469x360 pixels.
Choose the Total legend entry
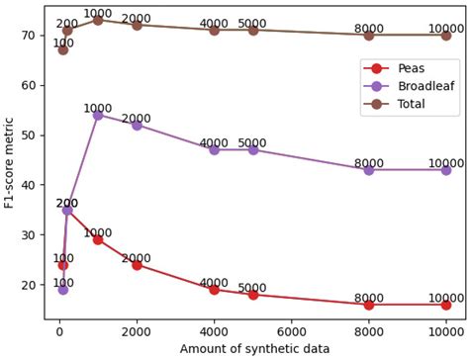pyautogui.click(x=411, y=103)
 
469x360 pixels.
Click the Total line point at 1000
pyautogui.click(x=98, y=20)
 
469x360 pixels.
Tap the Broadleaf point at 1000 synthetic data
pyautogui.click(x=98, y=115)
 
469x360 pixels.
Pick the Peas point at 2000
pyautogui.click(x=137, y=264)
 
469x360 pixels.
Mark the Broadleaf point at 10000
pyautogui.click(x=446, y=170)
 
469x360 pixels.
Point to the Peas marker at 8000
pyautogui.click(x=369, y=305)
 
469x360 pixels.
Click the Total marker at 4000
pyautogui.click(x=214, y=30)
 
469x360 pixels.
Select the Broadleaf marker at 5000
pyautogui.click(x=252, y=149)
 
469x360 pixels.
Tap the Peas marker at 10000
pyautogui.click(x=446, y=305)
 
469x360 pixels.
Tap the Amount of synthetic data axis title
pyautogui.click(x=254, y=349)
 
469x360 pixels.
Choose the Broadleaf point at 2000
pyautogui.click(x=137, y=125)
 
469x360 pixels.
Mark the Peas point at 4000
pyautogui.click(x=214, y=290)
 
